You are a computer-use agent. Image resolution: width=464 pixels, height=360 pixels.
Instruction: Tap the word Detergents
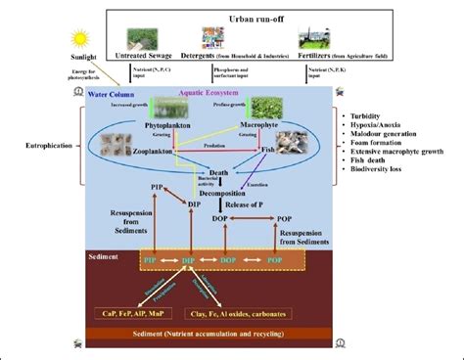click(x=218, y=58)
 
